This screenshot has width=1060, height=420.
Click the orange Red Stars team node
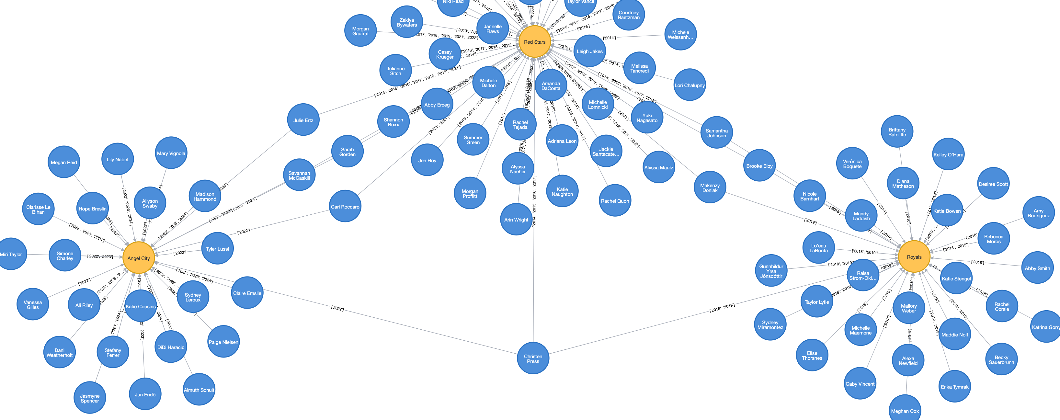[x=534, y=42]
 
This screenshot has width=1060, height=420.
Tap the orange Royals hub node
[x=914, y=257]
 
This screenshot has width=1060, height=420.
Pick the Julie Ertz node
[x=303, y=120]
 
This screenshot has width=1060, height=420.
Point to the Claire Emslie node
[x=247, y=293]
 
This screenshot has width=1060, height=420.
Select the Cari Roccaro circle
[x=345, y=207]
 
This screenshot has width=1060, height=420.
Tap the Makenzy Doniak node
[x=710, y=187]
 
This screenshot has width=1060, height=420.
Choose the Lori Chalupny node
[x=690, y=85]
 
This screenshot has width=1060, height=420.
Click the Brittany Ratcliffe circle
[x=897, y=132]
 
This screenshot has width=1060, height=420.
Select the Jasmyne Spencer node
[x=90, y=398]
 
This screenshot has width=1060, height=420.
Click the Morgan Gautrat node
[x=360, y=31]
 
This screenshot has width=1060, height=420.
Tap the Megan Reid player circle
[x=64, y=162]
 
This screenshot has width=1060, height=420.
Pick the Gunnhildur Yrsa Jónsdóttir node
[x=771, y=271]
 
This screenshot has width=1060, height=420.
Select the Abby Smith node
[x=1037, y=268]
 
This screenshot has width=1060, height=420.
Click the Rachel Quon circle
[x=615, y=201]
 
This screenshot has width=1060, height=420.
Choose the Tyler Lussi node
[x=217, y=248]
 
